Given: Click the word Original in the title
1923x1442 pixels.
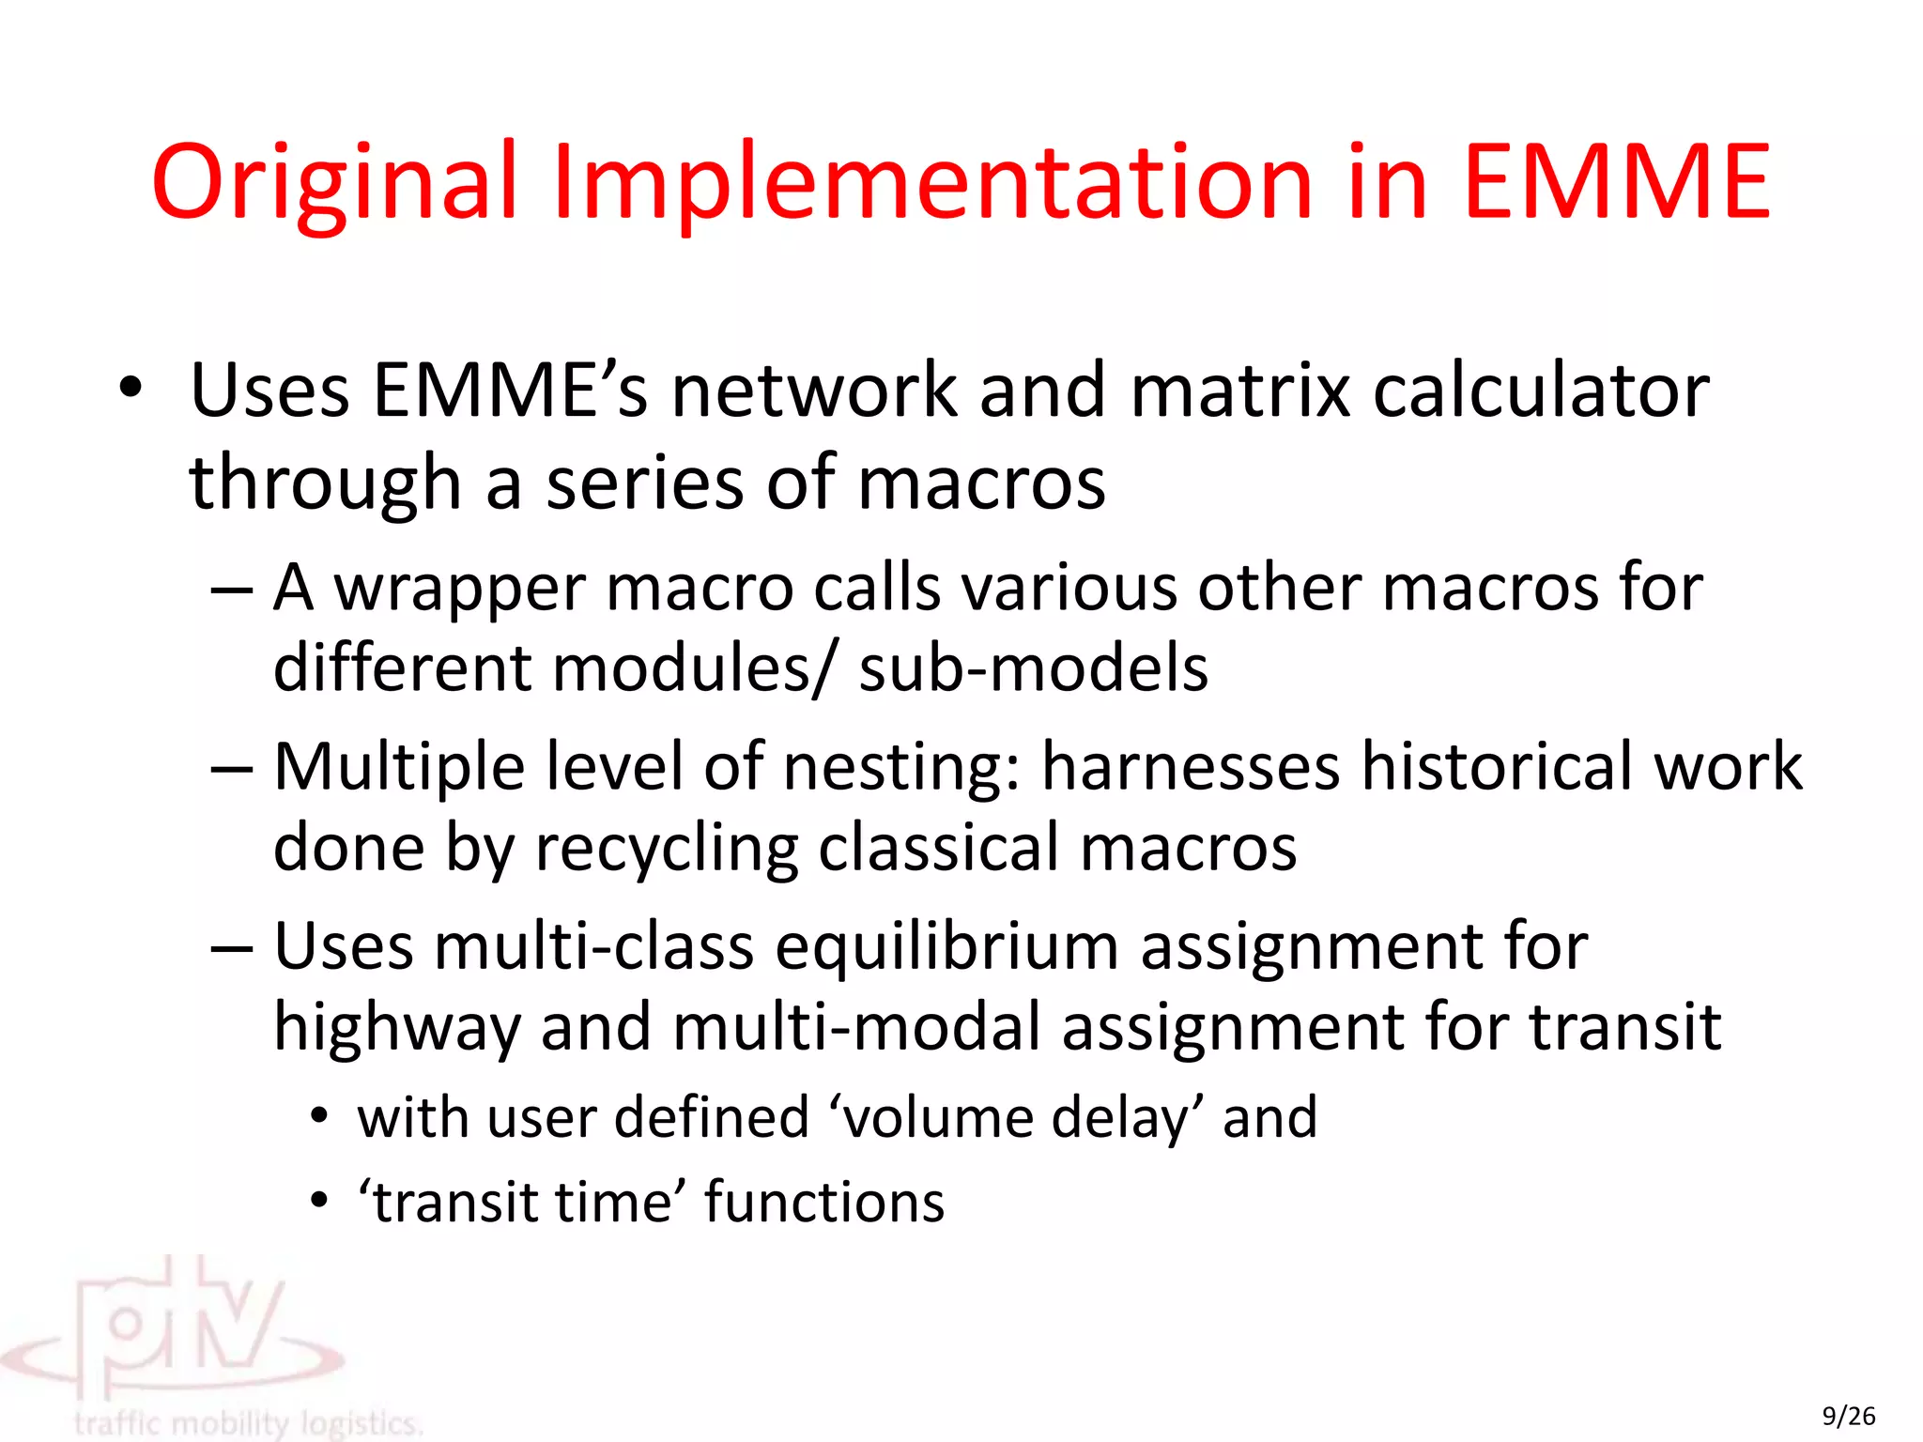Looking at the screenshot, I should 335,182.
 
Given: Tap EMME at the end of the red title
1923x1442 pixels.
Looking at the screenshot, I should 1616,182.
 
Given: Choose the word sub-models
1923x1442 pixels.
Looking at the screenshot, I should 1033,668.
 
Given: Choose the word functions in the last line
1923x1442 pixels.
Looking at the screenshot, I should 823,1202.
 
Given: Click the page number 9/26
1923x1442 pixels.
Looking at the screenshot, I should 1848,1416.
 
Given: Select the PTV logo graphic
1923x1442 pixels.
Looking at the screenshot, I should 178,1333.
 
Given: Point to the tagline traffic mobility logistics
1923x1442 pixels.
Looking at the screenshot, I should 248,1423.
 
